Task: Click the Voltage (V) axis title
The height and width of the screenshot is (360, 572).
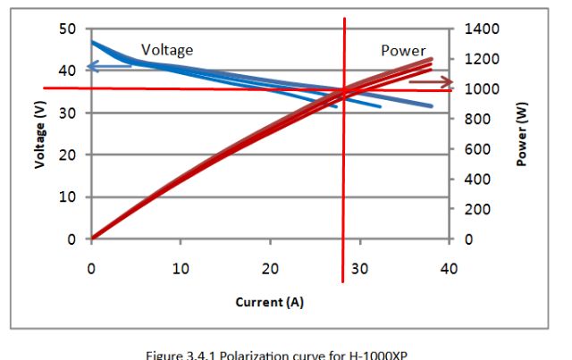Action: [x=40, y=135]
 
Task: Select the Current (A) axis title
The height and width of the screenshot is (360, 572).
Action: [x=269, y=302]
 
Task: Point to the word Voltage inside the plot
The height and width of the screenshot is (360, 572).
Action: [x=167, y=50]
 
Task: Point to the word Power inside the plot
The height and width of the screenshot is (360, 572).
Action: [x=403, y=51]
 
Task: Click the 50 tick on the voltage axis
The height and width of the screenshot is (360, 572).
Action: [x=67, y=29]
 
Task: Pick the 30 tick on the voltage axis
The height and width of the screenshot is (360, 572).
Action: [x=67, y=113]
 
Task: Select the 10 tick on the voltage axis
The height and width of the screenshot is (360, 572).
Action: [x=67, y=197]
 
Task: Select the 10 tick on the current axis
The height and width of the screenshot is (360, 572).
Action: [x=181, y=268]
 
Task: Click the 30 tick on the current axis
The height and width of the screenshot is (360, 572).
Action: [x=359, y=268]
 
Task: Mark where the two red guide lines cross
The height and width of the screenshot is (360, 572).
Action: [x=343, y=88]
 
